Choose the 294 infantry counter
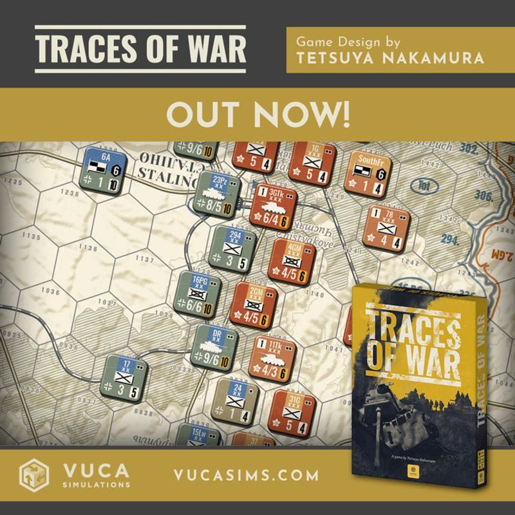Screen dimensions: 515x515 pyautogui.click(x=235, y=247)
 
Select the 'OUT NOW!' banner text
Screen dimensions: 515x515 pyautogui.click(x=257, y=113)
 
